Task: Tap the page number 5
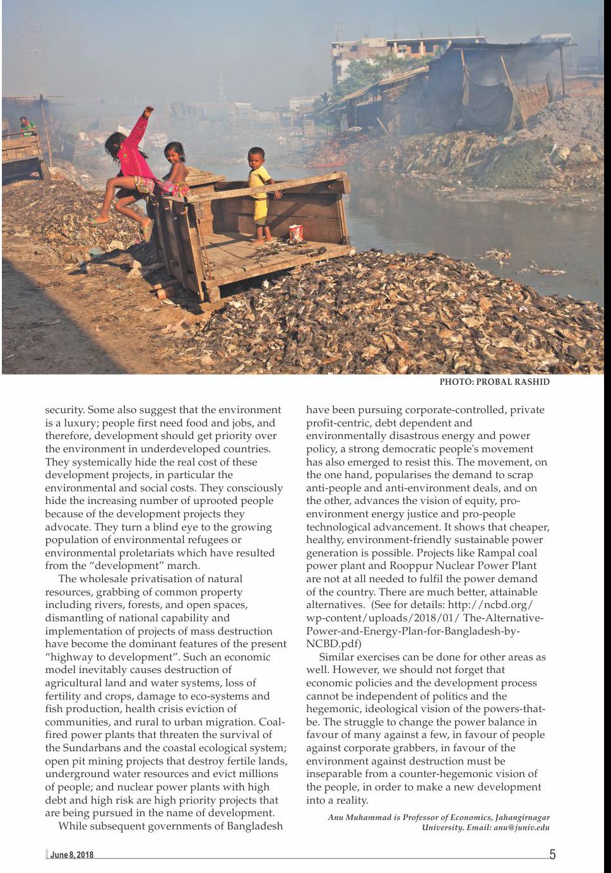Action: coord(552,855)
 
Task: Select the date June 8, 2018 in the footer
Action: coord(72,855)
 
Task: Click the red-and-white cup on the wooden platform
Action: coord(296,233)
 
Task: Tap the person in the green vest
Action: coord(26,127)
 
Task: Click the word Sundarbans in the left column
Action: coord(78,748)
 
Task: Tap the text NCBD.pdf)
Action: coord(333,644)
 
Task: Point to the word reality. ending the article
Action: coord(352,800)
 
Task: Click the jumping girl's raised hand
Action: coord(149,111)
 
